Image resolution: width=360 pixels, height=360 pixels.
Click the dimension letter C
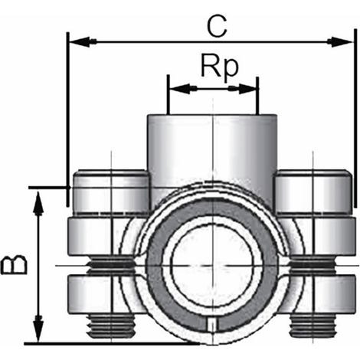click(217, 26)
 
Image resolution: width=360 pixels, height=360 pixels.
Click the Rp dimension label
click(220, 67)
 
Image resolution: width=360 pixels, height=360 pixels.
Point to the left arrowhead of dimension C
click(80, 41)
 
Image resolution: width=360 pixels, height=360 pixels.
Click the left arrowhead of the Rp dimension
click(180, 89)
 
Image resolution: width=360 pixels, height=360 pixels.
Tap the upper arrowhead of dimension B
click(38, 203)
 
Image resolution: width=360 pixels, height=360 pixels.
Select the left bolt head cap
click(111, 191)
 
